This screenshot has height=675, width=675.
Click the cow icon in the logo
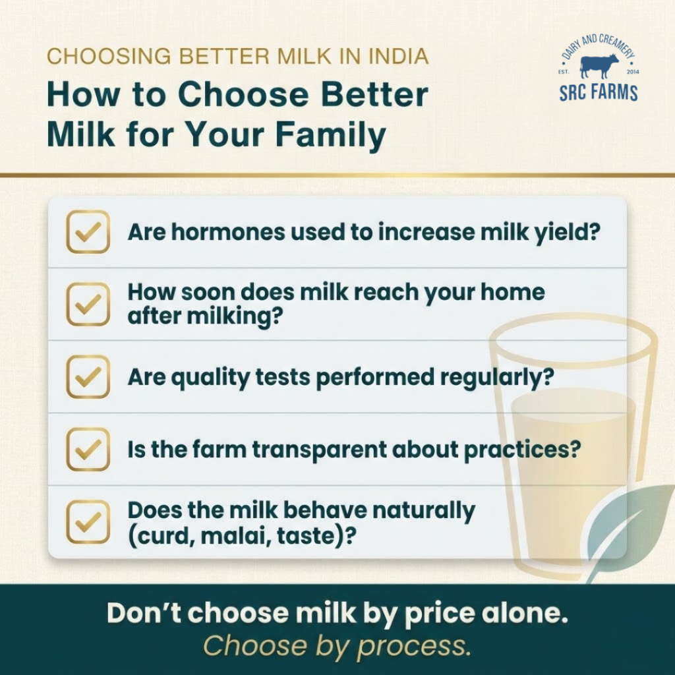click(599, 67)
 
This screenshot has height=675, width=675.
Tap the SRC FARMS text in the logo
click(599, 92)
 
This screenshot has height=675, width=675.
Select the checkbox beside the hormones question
click(88, 231)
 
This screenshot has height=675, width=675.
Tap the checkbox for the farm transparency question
click(88, 449)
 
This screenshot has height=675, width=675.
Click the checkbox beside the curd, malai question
click(88, 521)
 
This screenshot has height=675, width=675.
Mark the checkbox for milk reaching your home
click(88, 304)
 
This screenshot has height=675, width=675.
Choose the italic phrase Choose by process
click(337, 646)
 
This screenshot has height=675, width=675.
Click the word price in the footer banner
click(439, 614)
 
